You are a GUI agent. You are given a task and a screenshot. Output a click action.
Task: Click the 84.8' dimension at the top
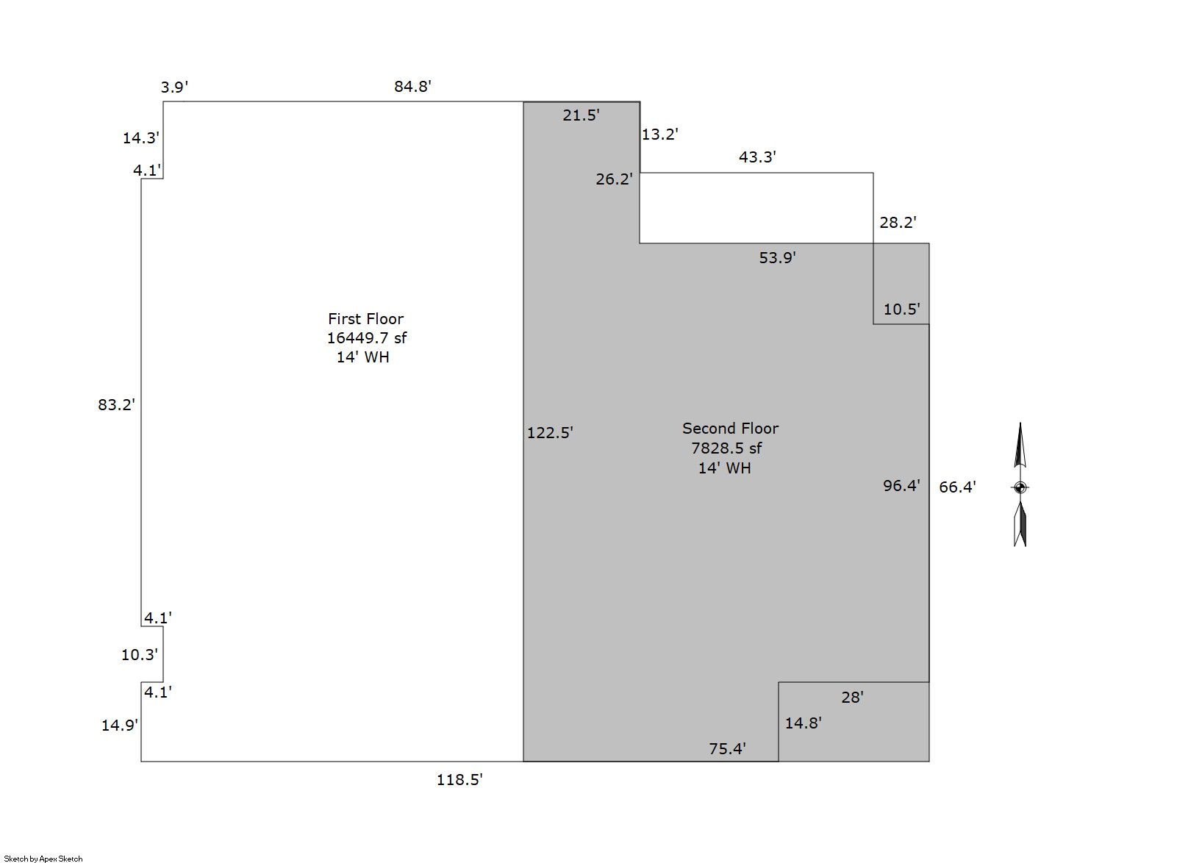412,87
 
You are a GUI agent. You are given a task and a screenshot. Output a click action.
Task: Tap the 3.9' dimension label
174,87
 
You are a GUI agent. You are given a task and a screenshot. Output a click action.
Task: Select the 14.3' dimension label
140,137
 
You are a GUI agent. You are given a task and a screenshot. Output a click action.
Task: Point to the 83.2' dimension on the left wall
116,404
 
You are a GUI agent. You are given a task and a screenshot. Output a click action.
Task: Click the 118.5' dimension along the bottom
459,780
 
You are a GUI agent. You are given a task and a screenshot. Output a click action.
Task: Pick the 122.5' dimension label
549,433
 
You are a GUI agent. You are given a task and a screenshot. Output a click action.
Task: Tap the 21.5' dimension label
581,115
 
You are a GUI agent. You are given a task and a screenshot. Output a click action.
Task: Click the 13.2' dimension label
659,135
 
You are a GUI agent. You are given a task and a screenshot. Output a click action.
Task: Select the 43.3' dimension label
757,157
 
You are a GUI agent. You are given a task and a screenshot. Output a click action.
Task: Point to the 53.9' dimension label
777,257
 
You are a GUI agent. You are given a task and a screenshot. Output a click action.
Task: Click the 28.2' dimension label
898,223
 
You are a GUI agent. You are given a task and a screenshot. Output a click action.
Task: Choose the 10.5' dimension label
901,309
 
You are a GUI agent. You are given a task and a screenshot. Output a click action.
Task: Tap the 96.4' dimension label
901,485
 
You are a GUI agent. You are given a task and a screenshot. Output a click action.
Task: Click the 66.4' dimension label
957,487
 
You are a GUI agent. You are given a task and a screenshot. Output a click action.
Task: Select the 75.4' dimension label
727,748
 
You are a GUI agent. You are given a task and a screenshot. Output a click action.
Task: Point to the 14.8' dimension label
803,723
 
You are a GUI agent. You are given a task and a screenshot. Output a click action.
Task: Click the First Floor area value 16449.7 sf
366,338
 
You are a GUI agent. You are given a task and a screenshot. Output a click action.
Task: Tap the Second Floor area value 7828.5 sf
726,448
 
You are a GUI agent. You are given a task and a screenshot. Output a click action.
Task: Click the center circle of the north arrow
1020,487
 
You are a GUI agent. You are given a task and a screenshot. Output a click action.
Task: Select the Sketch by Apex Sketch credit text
43,858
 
